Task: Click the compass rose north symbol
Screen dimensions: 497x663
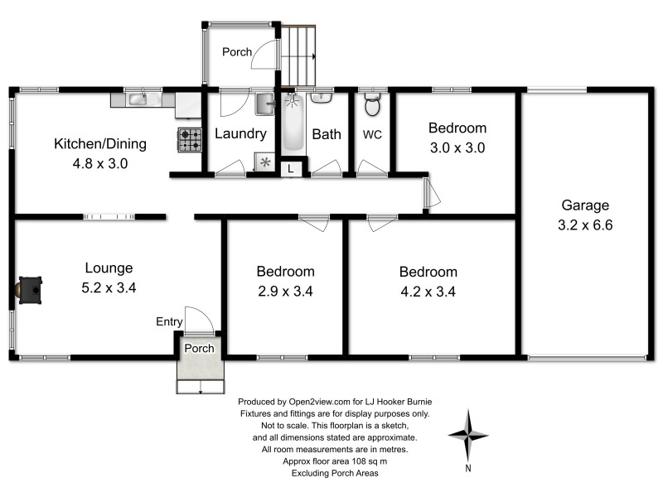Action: [469, 435]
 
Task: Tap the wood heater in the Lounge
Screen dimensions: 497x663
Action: [30, 290]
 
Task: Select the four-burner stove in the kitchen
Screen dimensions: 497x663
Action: [189, 140]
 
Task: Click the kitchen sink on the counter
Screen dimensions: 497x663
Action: [137, 100]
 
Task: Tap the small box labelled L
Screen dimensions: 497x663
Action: [290, 168]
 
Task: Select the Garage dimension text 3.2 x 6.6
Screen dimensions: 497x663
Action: [585, 224]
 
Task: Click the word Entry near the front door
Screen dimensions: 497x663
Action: [169, 321]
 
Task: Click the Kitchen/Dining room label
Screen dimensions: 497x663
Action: [99, 144]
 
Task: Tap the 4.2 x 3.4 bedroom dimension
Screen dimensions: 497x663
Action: [428, 291]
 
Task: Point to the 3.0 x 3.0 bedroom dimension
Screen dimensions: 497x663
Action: [457, 148]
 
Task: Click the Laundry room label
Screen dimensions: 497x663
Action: [240, 133]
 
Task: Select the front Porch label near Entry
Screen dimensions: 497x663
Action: [199, 348]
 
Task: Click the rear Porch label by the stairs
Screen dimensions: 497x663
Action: [236, 52]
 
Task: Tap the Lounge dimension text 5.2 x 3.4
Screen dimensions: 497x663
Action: [109, 288]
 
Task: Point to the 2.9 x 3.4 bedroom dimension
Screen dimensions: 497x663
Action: [285, 291]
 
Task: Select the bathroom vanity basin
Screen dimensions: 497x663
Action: [323, 99]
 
